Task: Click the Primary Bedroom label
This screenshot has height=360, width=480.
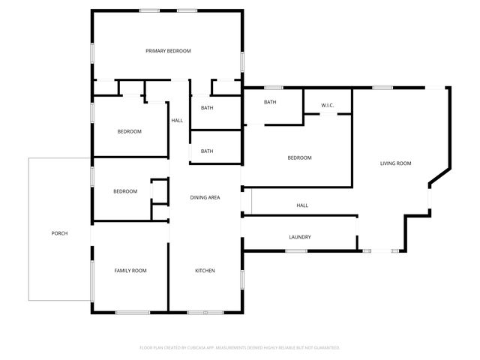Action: [x=168, y=51]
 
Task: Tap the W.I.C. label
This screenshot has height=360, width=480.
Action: [x=328, y=105]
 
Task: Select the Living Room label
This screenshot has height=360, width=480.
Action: [x=395, y=163]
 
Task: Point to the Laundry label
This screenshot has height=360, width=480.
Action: [x=300, y=238]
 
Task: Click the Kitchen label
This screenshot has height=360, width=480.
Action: [x=205, y=271]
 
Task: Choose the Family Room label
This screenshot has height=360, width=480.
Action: [x=130, y=271]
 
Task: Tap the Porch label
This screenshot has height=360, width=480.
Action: [x=59, y=233]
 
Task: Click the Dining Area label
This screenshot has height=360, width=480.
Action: [x=205, y=197]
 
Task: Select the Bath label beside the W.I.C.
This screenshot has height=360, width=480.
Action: [x=270, y=102]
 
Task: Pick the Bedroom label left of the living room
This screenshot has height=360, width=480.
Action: [x=300, y=157]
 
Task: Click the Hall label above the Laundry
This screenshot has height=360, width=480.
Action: [x=302, y=205]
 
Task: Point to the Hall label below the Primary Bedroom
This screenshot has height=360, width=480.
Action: [x=177, y=121]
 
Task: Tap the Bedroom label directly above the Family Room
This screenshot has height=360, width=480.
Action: [x=125, y=191]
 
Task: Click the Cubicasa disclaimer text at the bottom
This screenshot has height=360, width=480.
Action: [x=240, y=348]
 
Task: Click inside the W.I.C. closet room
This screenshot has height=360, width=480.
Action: [x=328, y=99]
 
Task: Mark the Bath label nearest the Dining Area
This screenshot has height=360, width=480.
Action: [x=207, y=151]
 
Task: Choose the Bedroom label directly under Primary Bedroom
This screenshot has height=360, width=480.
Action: [x=129, y=132]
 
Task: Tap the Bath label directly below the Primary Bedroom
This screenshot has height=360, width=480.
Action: [x=207, y=108]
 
